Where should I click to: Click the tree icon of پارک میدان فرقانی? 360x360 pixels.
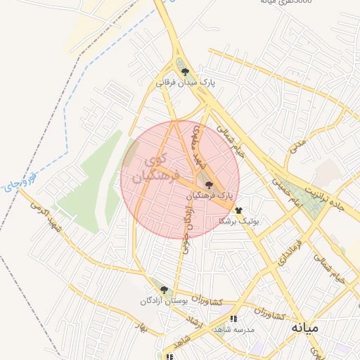pos(185,72)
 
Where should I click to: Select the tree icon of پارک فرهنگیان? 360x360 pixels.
pos(210,184)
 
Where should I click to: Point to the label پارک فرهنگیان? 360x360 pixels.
pos(209,195)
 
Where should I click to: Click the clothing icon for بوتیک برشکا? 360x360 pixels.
pos(238,210)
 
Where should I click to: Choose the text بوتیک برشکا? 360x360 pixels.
pos(239,220)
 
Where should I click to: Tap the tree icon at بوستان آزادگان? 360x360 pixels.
pos(164,290)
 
